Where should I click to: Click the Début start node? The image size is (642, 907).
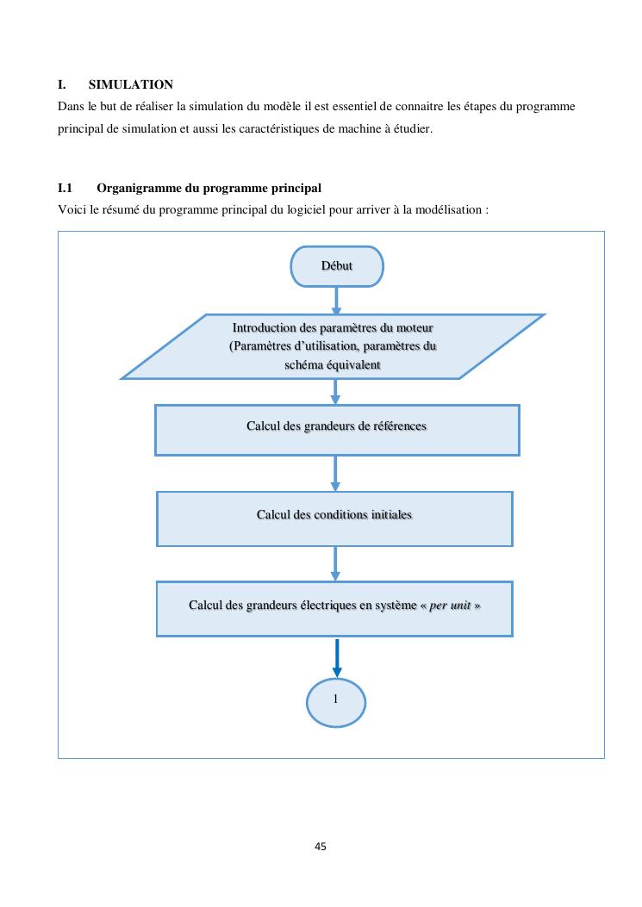point(337,266)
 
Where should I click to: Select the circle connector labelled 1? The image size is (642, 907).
point(336,700)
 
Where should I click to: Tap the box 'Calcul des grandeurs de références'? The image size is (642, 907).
point(337,429)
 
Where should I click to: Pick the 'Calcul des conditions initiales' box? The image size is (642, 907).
point(334,518)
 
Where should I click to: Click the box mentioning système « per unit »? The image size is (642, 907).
point(334,608)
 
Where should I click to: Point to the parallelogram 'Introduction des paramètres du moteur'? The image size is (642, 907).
point(333,347)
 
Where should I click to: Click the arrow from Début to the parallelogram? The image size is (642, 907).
point(336,300)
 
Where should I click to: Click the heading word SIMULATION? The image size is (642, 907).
point(130,84)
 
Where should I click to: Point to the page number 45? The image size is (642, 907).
point(321,847)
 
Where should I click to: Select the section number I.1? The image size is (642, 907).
point(65,188)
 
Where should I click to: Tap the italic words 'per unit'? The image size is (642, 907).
point(450,606)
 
